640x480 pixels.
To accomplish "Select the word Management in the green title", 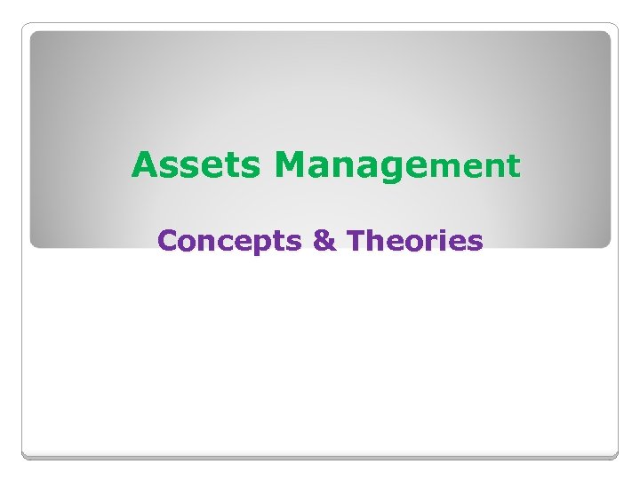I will pos(397,165).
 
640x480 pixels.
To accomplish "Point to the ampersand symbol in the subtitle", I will pos(325,241).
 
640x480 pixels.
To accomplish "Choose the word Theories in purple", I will pos(414,241).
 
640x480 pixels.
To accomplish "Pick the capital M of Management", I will pos(292,165).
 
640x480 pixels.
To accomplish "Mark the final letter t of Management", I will pos(512,166).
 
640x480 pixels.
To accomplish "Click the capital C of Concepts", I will pos(167,241).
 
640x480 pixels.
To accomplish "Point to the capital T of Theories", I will pos(355,241).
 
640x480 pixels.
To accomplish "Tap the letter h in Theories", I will pos(372,241).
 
